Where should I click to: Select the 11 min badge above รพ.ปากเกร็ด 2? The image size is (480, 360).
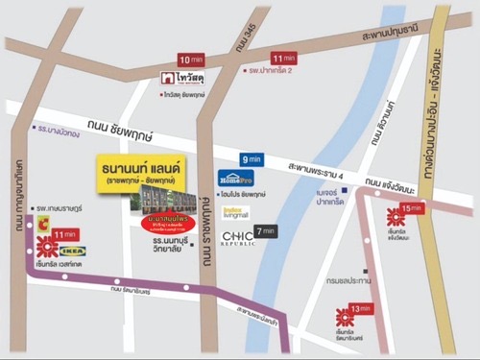[284, 58]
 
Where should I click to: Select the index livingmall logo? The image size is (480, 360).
[235, 212]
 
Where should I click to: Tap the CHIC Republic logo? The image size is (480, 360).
[237, 236]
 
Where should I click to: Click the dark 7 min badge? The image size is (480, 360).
[266, 230]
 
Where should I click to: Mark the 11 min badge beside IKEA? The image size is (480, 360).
[66, 233]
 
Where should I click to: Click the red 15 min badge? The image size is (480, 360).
[412, 208]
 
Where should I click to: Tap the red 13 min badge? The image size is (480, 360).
[359, 308]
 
